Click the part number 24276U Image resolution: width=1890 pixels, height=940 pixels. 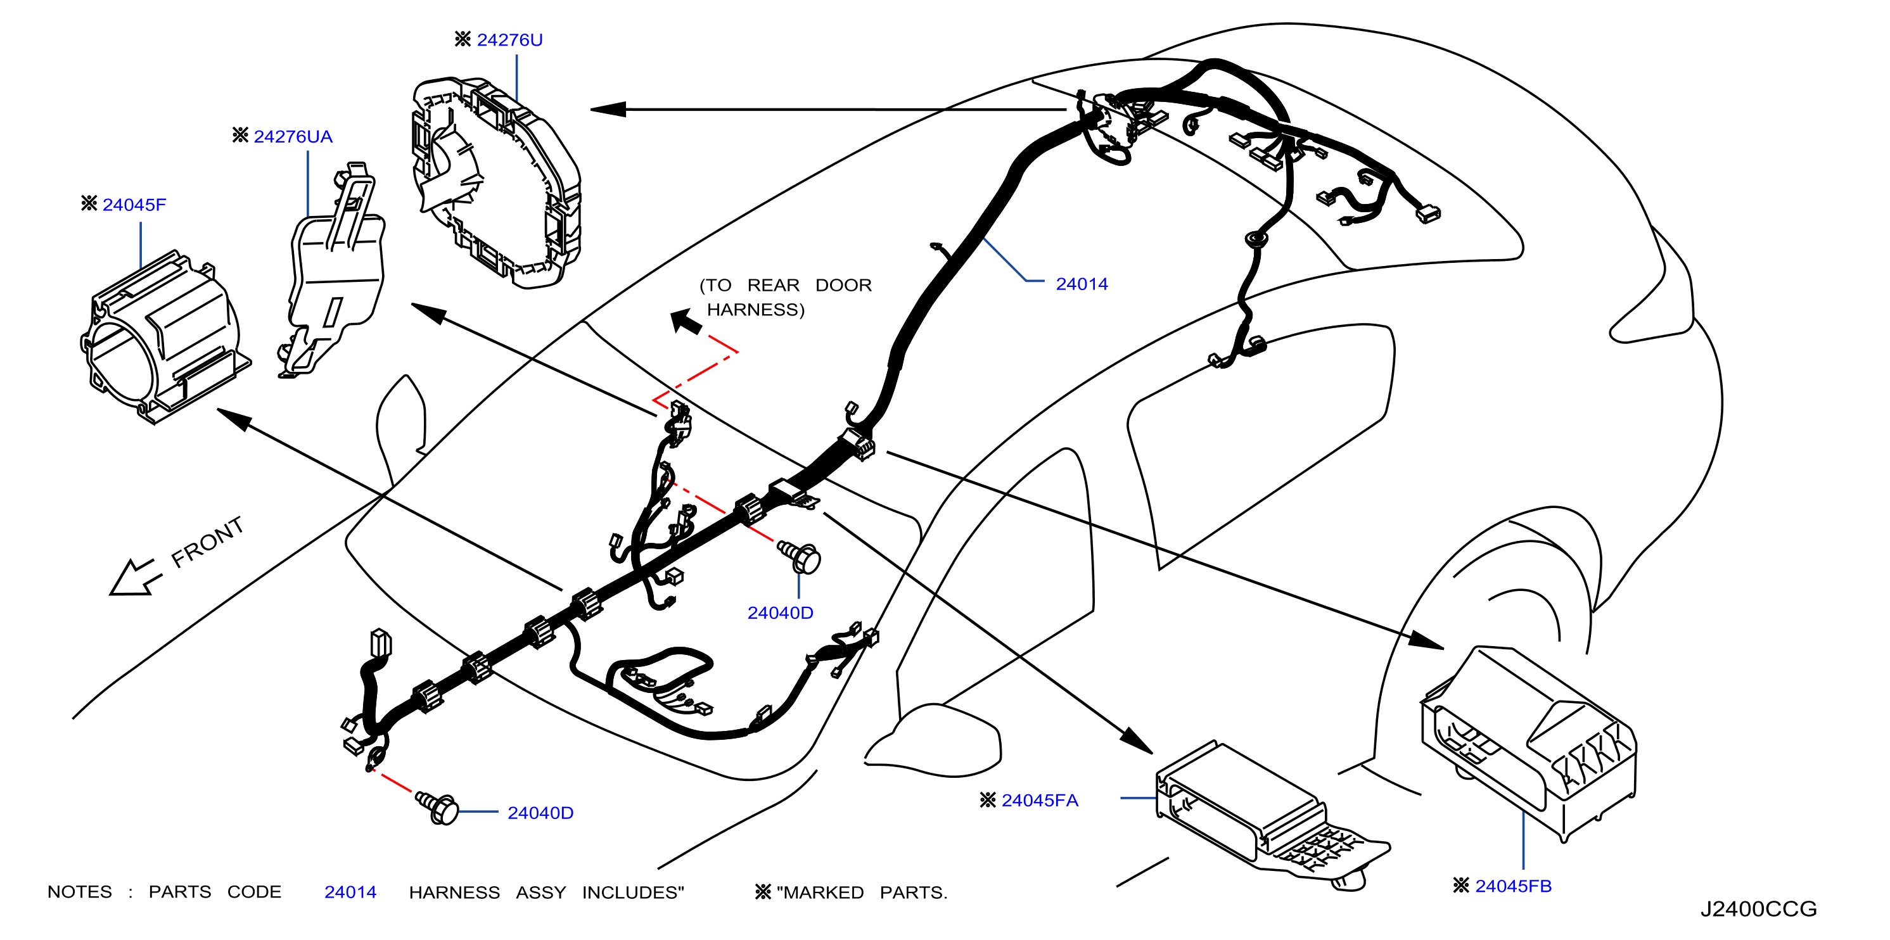pos(509,40)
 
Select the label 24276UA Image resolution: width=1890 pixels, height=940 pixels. pos(293,136)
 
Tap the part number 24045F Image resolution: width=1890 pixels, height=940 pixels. pos(134,205)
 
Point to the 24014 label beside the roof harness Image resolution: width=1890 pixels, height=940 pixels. pos(1082,284)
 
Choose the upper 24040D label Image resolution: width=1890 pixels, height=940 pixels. pos(780,613)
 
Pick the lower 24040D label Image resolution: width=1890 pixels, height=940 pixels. pos(540,813)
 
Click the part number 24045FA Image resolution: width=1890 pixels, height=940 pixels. pos(1040,800)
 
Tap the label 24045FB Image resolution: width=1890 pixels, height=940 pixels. pos(1513,886)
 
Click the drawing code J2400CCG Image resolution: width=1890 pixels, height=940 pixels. pos(1759,908)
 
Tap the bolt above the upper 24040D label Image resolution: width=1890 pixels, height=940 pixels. pos(799,557)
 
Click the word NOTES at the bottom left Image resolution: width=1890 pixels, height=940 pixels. pos(80,892)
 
